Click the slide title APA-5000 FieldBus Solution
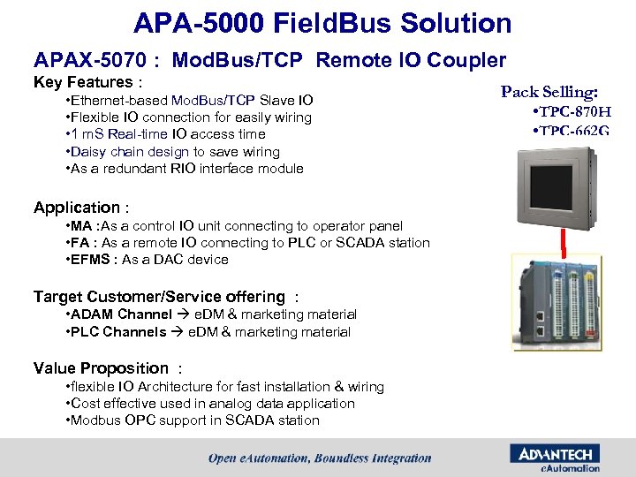pos(322,23)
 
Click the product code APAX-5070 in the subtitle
pos(89,60)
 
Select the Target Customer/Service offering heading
pos(159,297)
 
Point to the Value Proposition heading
pos(101,368)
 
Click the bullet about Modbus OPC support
pos(193,420)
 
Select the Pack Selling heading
pos(549,92)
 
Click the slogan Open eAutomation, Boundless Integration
pos(320,458)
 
